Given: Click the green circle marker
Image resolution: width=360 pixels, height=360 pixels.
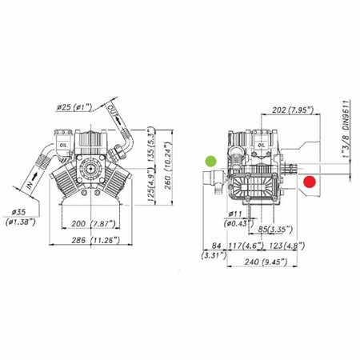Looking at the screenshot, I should click(x=210, y=161).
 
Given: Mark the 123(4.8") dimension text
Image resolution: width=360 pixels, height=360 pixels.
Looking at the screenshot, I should click(x=286, y=246).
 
